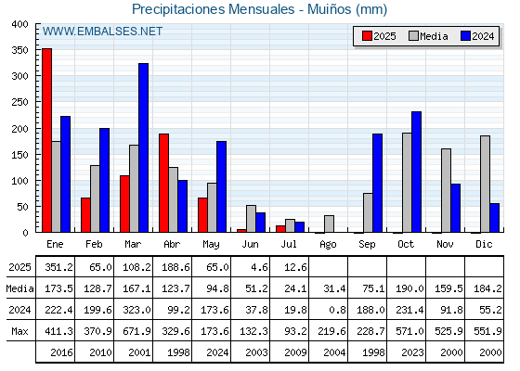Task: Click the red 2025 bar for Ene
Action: pyautogui.click(x=46, y=140)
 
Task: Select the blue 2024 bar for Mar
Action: pyautogui.click(x=144, y=147)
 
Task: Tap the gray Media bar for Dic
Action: pyautogui.click(x=485, y=184)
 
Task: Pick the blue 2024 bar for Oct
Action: pyautogui.click(x=417, y=172)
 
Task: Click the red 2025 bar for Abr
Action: pyautogui.click(x=163, y=183)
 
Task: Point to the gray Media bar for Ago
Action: pyautogui.click(x=330, y=224)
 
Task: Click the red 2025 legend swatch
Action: pyautogui.click(x=367, y=36)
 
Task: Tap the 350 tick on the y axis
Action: pyautogui.click(x=20, y=50)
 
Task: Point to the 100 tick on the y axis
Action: pyautogui.click(x=20, y=181)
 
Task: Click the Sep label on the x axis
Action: pyautogui.click(x=367, y=245)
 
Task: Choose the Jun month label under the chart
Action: pyautogui.click(x=250, y=245)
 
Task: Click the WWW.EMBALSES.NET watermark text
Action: pyautogui.click(x=102, y=32)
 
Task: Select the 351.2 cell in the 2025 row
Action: pyautogui.click(x=58, y=267)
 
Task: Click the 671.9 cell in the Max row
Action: pyautogui.click(x=136, y=331)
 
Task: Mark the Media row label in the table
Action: pyautogui.click(x=19, y=288)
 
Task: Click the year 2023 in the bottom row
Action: pyautogui.click(x=412, y=352)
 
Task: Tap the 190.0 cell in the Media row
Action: pyautogui.click(x=409, y=288)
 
